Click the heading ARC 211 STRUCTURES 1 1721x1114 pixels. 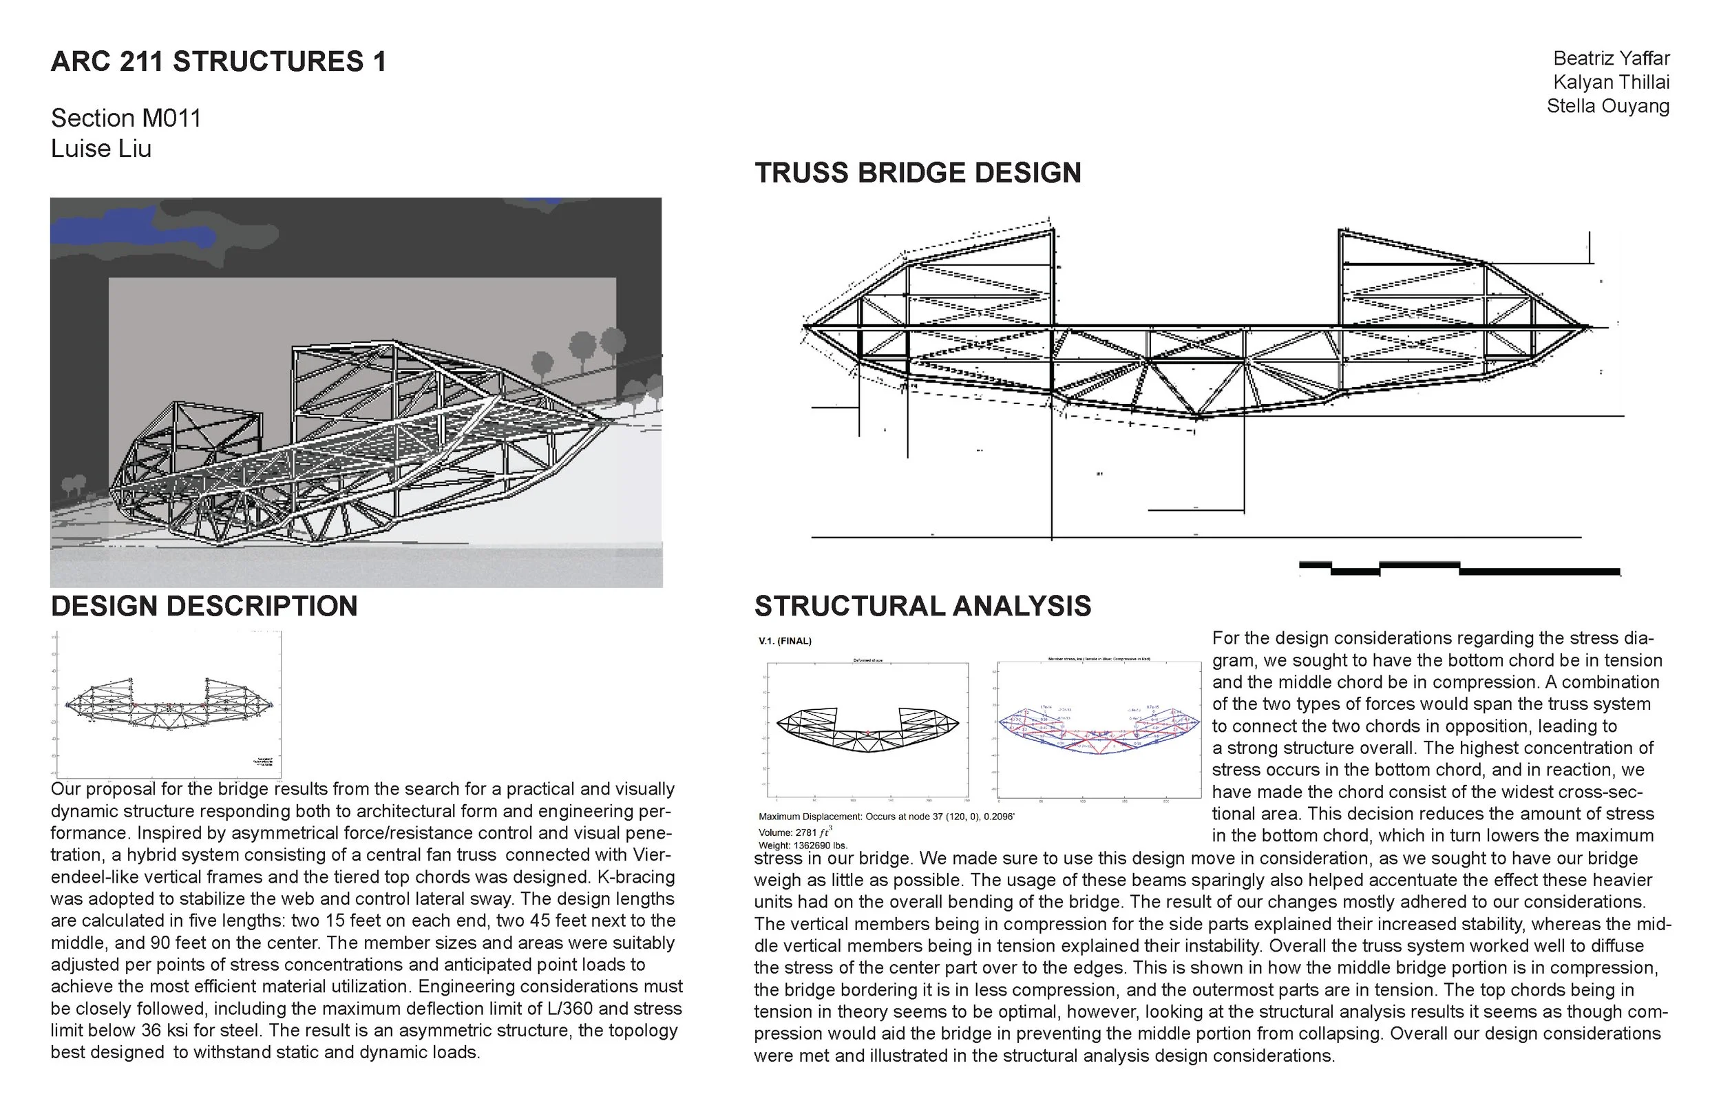pos(218,61)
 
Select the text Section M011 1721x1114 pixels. pos(126,118)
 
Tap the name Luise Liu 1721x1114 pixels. pos(101,148)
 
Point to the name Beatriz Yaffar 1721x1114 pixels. pos(1611,58)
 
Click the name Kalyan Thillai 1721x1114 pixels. pos(1611,82)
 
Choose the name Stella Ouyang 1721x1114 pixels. pos(1607,105)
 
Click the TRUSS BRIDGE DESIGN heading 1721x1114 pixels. pos(918,173)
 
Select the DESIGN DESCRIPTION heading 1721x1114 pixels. pos(204,606)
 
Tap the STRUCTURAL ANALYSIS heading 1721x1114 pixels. pos(922,606)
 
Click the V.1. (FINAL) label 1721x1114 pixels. pos(785,641)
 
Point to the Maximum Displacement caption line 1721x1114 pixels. pos(886,817)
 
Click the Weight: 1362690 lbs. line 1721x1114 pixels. pos(803,845)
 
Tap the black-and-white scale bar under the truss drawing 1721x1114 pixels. pos(1459,569)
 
